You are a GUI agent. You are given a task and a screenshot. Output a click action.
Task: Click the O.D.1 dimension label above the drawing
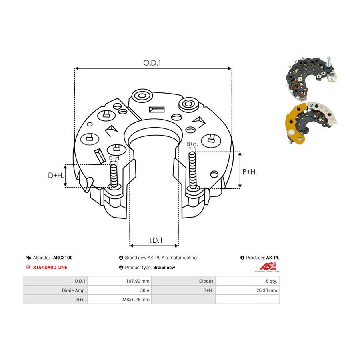(152, 63)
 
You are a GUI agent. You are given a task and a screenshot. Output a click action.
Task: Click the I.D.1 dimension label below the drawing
(156, 240)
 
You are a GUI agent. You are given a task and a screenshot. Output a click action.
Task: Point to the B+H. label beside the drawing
(250, 172)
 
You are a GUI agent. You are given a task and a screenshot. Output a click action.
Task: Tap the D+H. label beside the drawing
(56, 176)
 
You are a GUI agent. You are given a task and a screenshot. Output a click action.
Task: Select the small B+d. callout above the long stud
(192, 144)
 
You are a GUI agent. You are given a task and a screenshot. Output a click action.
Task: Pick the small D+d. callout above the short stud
(114, 158)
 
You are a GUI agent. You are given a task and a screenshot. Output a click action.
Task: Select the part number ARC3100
(63, 258)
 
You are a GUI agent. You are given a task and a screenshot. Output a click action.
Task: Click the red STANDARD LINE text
(50, 268)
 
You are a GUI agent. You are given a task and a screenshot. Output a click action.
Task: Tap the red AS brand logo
(268, 267)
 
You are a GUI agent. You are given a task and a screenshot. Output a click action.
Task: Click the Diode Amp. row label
(74, 290)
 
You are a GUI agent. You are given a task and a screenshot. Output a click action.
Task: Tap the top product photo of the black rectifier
(310, 77)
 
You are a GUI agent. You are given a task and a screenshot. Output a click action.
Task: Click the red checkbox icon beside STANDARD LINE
(28, 267)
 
